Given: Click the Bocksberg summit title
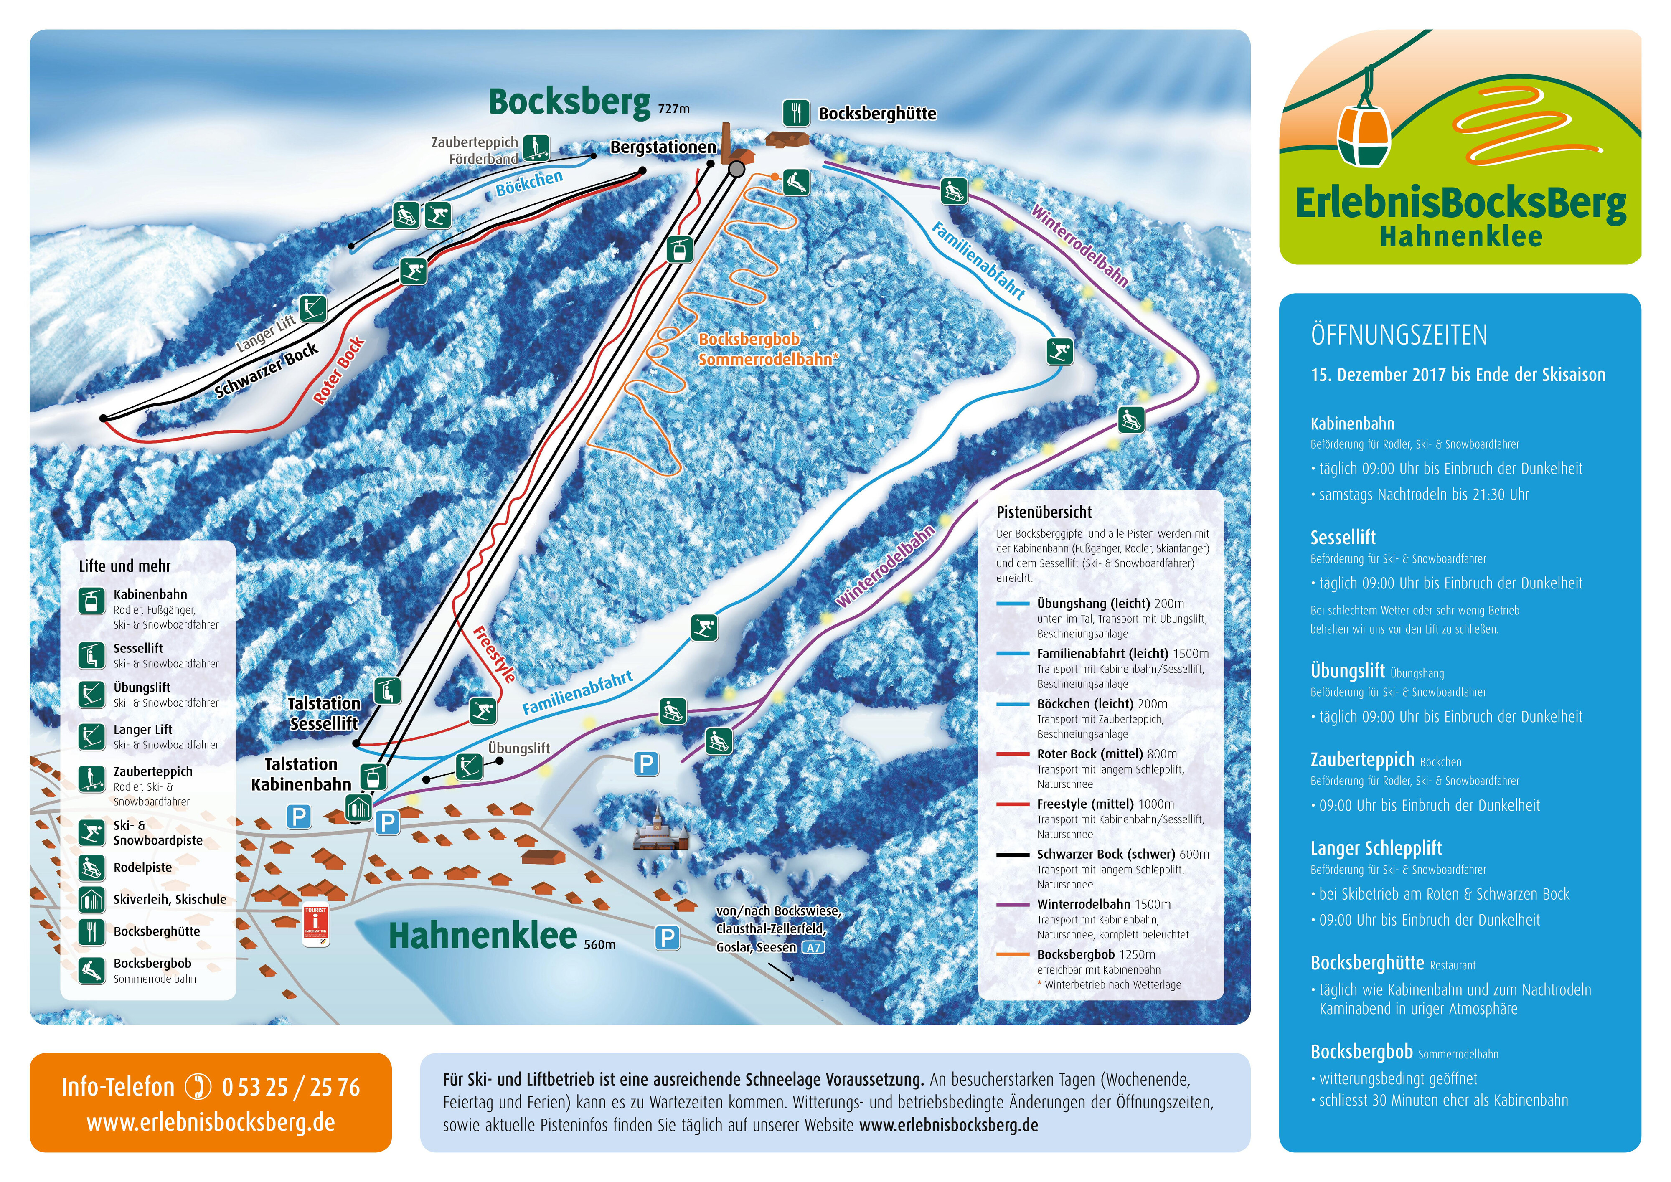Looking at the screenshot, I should tap(569, 102).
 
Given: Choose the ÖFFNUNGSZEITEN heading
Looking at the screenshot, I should tap(1399, 335).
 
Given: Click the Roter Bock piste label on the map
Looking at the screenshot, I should tap(338, 371).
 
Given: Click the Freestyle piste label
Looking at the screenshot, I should tap(495, 654).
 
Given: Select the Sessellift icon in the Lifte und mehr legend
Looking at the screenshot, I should tap(92, 655).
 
